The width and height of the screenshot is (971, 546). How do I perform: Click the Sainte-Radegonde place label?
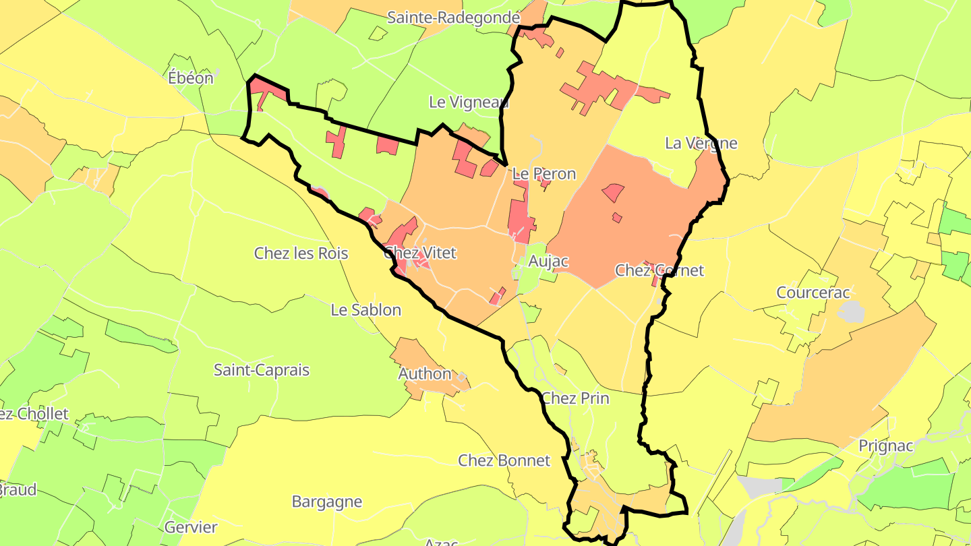[453, 18]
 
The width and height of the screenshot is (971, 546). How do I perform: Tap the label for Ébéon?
[191, 78]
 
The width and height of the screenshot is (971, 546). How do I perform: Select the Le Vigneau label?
[469, 102]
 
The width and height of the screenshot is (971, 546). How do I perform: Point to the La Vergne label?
[701, 143]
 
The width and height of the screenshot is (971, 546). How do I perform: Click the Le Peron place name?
[544, 174]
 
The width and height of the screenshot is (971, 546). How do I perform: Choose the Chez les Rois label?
[301, 253]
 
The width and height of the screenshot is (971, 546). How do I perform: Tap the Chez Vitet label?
[420, 253]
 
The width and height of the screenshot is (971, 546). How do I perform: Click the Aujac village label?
[548, 261]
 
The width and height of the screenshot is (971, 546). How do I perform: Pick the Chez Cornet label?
[659, 270]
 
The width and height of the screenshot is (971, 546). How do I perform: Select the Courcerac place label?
[813, 293]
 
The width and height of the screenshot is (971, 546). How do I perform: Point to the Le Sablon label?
[365, 310]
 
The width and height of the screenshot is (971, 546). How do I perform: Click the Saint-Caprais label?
[262, 370]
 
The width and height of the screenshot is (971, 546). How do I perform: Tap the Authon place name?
[425, 373]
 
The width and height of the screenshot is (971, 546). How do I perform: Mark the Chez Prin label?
[575, 398]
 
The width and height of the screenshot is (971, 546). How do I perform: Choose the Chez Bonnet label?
[504, 460]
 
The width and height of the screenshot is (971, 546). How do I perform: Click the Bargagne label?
[327, 502]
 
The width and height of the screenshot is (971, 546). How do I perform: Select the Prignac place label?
[886, 446]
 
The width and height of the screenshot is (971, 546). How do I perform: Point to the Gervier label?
[191, 528]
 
